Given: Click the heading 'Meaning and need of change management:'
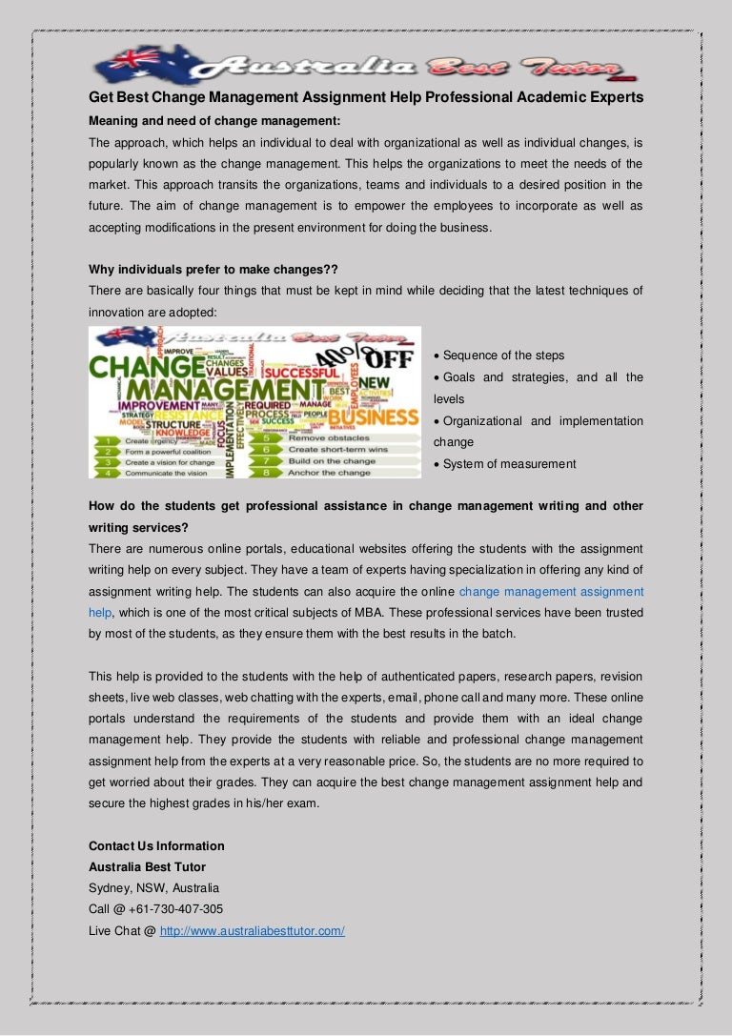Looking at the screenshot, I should [x=214, y=121].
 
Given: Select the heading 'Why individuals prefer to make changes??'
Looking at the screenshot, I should [x=213, y=269].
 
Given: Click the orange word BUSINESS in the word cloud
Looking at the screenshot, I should [x=374, y=417].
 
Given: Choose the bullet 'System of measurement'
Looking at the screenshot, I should [x=509, y=464].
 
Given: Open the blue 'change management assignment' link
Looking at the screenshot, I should [x=551, y=592].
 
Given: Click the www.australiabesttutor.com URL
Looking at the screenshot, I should [x=252, y=930].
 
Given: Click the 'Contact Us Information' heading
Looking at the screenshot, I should [x=156, y=846].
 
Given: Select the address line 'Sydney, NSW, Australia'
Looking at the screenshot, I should [x=153, y=888].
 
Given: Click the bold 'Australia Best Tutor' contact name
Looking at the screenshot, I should [x=147, y=867].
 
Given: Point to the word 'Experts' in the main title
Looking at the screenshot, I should [x=614, y=97].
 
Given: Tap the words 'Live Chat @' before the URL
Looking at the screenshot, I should [x=122, y=930].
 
